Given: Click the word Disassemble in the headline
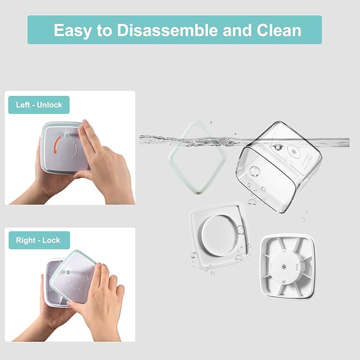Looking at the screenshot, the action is [x=168, y=30].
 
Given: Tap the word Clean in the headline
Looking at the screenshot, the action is [x=279, y=30].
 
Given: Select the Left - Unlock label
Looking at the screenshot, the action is [x=39, y=105].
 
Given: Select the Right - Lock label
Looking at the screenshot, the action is [x=39, y=240].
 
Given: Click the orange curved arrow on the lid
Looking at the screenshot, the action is [x=56, y=145].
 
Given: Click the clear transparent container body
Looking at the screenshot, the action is [x=279, y=167].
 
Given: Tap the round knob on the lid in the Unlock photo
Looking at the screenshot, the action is [x=67, y=135].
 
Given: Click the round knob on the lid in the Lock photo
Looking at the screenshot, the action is [x=68, y=273].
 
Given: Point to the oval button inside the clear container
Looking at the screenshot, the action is [x=294, y=152].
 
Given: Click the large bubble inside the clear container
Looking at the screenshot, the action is [x=254, y=171].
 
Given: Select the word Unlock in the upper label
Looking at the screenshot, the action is [x=49, y=105].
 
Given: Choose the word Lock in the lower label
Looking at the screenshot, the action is [x=51, y=240].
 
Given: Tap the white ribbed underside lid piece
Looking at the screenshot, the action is [x=287, y=266].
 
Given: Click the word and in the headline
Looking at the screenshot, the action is [x=237, y=30].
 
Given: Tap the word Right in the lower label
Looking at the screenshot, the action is [x=25, y=241].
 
